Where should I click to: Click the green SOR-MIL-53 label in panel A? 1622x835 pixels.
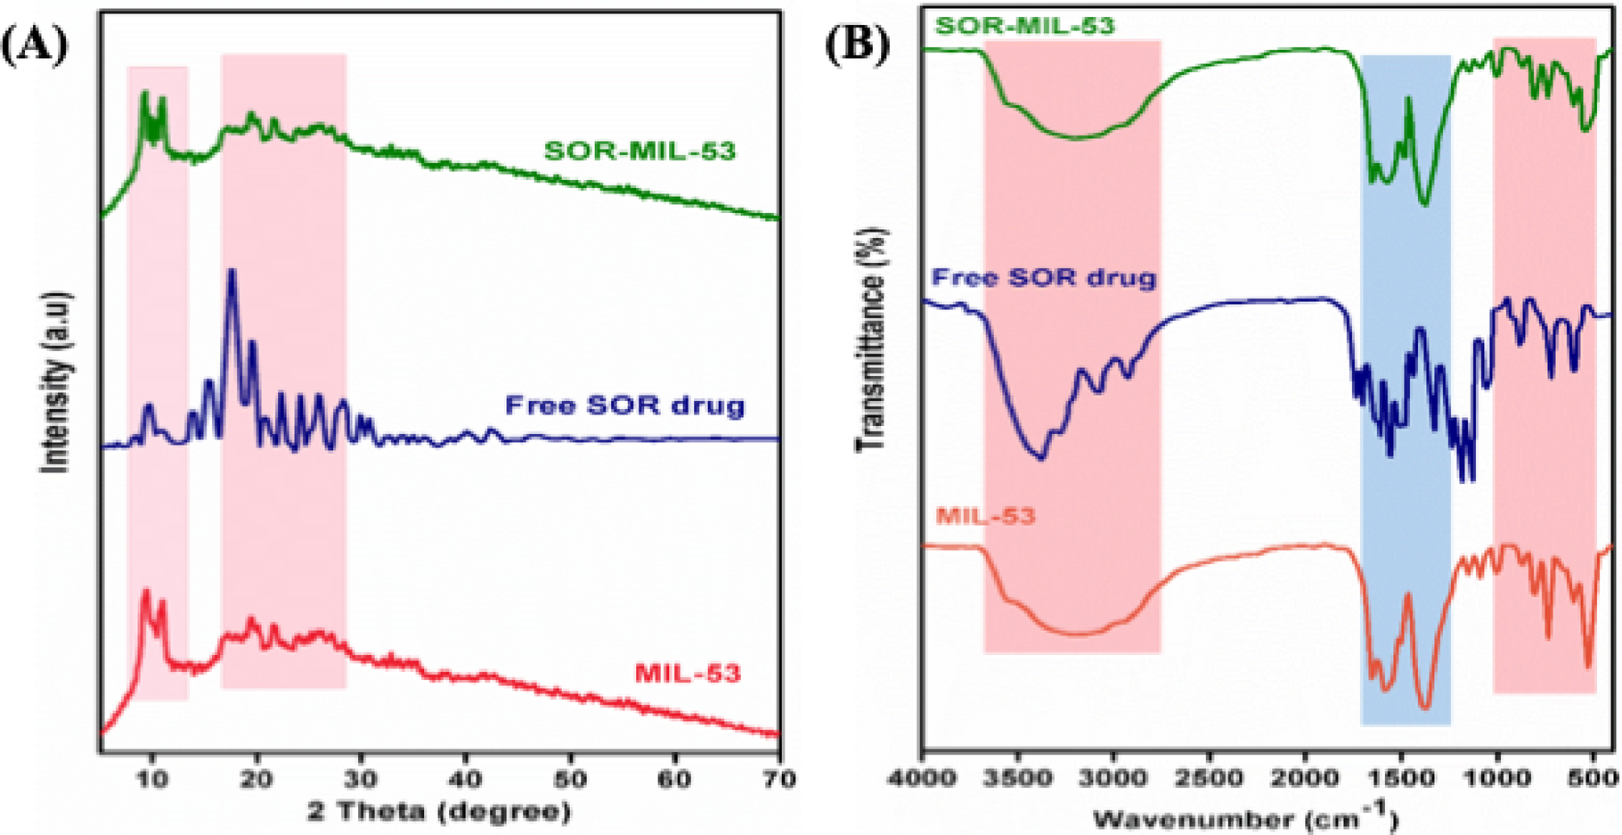(640, 151)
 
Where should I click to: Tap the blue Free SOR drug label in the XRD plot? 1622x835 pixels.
(624, 406)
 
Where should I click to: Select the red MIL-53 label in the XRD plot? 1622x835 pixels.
(687, 674)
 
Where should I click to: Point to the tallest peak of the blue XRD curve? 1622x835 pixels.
(232, 273)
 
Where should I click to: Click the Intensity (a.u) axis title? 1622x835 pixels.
(55, 381)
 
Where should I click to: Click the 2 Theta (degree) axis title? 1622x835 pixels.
(438, 812)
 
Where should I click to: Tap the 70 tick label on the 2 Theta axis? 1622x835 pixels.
(778, 778)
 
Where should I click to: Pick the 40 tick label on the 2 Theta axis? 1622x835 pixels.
(465, 778)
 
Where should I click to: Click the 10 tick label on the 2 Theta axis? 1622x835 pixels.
(152, 778)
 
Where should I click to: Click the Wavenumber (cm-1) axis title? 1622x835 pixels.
(1244, 815)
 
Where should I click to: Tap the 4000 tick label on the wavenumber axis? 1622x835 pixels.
(922, 778)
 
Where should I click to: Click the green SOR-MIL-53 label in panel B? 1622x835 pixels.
(1024, 25)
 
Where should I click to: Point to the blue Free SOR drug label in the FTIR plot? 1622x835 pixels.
(1043, 277)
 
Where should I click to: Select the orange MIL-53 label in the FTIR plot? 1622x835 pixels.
(985, 516)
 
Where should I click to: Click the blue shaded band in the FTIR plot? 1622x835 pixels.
(1406, 267)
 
